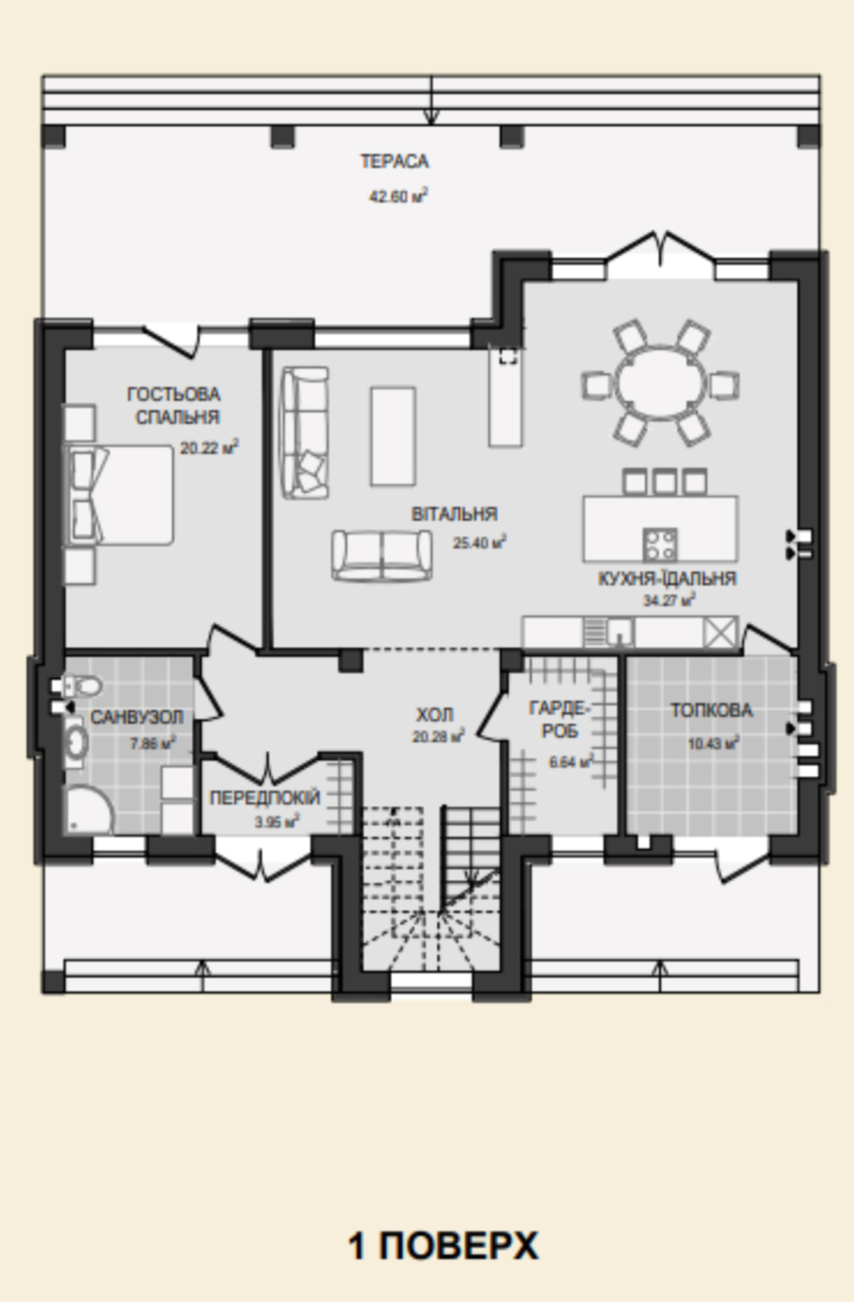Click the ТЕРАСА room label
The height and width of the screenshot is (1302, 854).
pos(394,161)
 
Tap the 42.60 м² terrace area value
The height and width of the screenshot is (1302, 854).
pos(398,196)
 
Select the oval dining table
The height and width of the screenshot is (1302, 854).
pos(660,383)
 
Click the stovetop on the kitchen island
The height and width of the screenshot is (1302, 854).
pos(659,544)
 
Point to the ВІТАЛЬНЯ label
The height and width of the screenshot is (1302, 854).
pos(454,514)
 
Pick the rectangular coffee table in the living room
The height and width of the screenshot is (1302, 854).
pos(393,436)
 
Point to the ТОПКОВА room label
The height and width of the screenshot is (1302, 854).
pos(711,710)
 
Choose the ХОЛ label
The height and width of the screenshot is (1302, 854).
pos(435,714)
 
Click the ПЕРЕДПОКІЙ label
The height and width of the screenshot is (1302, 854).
pos(265,798)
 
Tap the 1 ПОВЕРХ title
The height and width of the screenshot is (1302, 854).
pos(443,1246)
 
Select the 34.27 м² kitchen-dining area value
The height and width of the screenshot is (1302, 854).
pos(668,599)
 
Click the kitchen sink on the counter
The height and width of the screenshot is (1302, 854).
pos(620,631)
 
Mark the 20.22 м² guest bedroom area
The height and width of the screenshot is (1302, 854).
pos(209,448)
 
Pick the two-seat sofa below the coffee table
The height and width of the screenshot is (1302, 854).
pos(382,555)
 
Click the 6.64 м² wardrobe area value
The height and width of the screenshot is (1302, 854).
pos(571,761)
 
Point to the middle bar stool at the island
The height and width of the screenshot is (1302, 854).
pos(664,482)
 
